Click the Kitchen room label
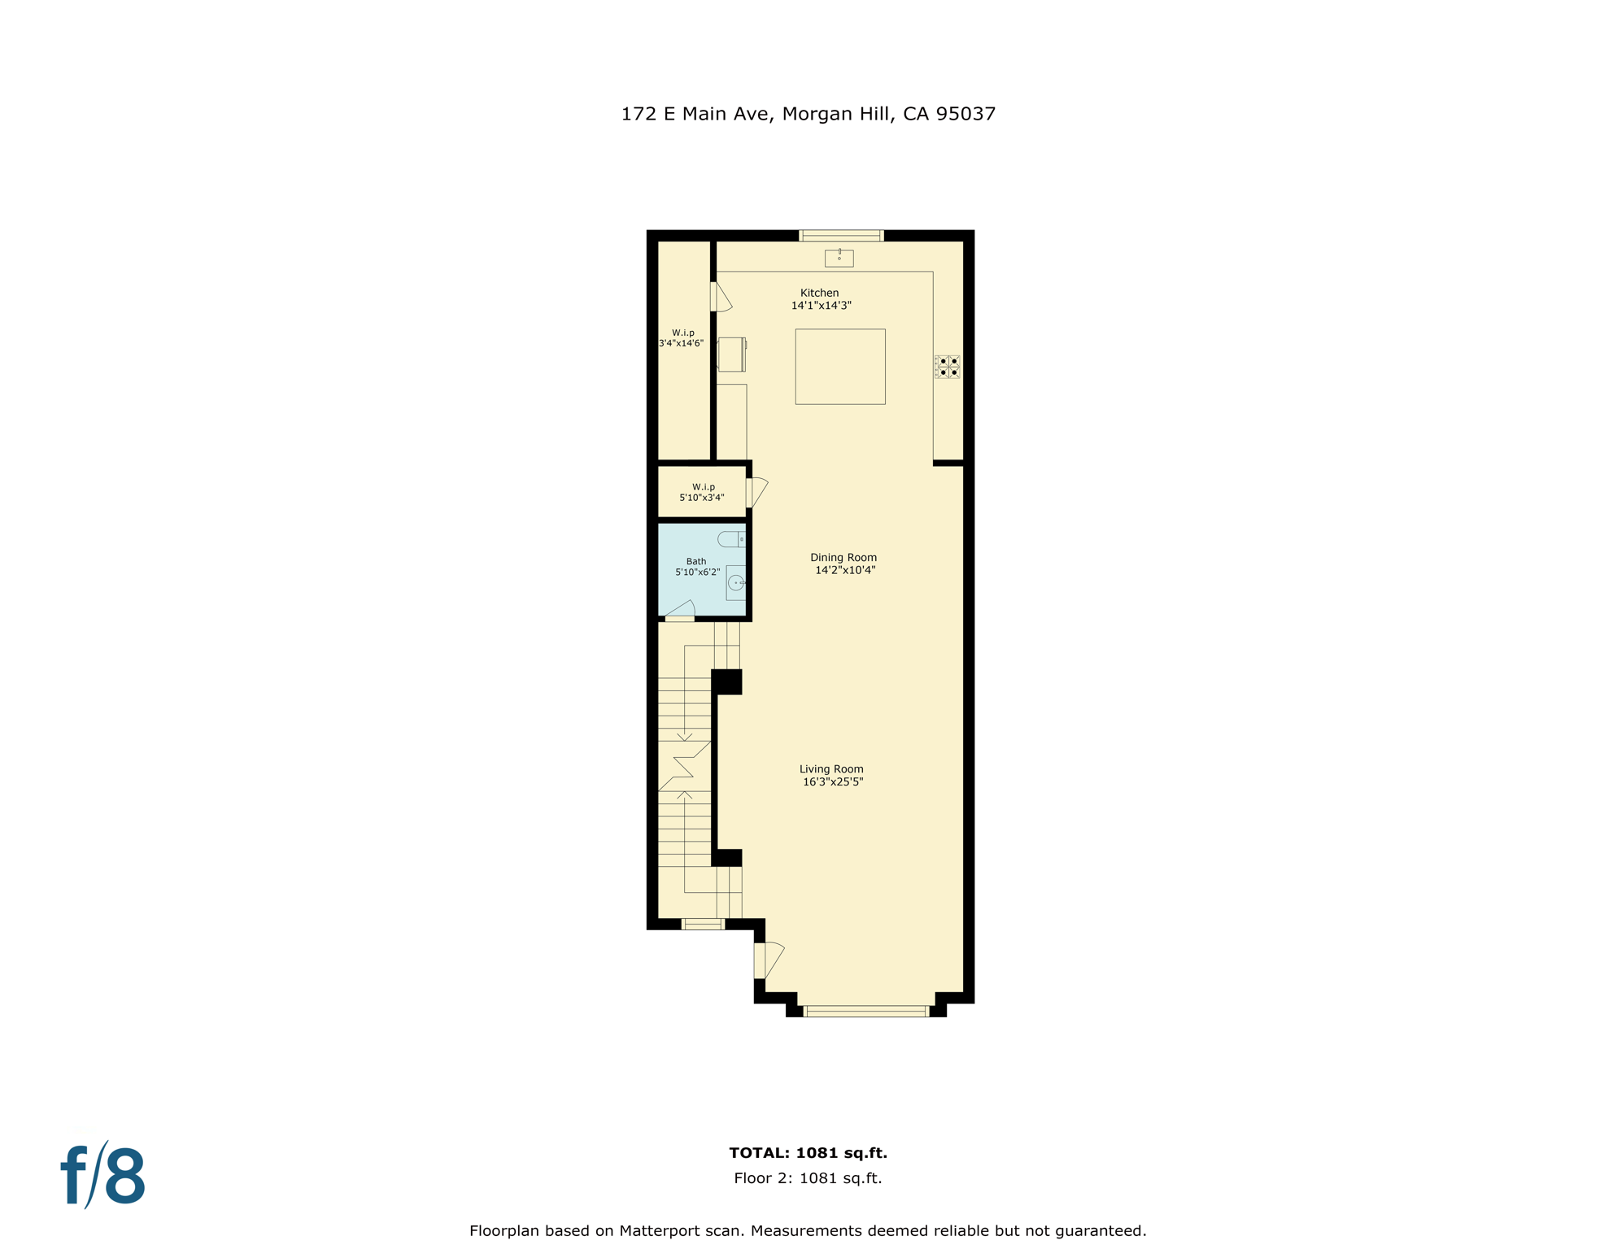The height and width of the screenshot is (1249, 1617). pos(820,298)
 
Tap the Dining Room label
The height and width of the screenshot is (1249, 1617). pos(843,564)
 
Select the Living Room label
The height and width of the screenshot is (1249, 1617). pos(831,775)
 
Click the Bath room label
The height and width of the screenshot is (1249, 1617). pos(697,566)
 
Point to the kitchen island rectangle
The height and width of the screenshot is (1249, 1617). pos(839,366)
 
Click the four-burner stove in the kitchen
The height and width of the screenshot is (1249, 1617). pos(947,367)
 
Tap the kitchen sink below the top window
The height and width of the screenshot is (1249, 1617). pos(839,258)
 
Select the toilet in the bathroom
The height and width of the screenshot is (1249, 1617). pos(731,539)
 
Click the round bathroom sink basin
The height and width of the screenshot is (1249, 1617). pos(736,582)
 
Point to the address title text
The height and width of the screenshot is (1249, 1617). pos(808,114)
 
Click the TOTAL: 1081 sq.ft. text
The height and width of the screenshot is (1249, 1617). pos(808,1152)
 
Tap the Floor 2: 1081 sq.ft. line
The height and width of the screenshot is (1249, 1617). pos(808,1177)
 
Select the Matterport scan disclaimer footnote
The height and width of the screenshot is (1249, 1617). pos(808,1230)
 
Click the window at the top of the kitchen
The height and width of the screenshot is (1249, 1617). pos(841,236)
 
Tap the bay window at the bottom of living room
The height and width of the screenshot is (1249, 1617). pos(865,1012)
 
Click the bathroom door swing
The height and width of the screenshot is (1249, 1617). pos(681,610)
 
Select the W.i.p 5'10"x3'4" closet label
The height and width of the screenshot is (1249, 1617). pos(703,492)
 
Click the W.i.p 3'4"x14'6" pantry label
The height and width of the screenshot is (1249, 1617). pos(682,337)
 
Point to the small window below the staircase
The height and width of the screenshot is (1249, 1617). pos(703,924)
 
